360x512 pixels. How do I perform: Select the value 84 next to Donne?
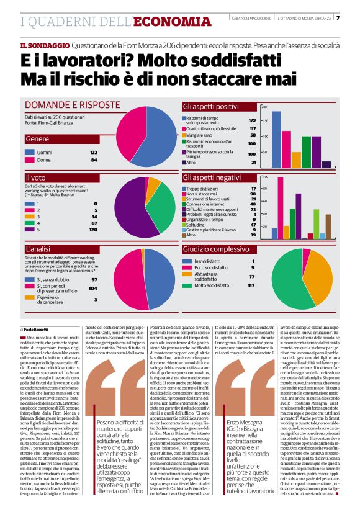pyautogui.click(x=94, y=160)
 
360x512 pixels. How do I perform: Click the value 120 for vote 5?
pyautogui.click(x=93, y=230)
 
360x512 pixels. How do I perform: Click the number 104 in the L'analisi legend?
pyautogui.click(x=93, y=289)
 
